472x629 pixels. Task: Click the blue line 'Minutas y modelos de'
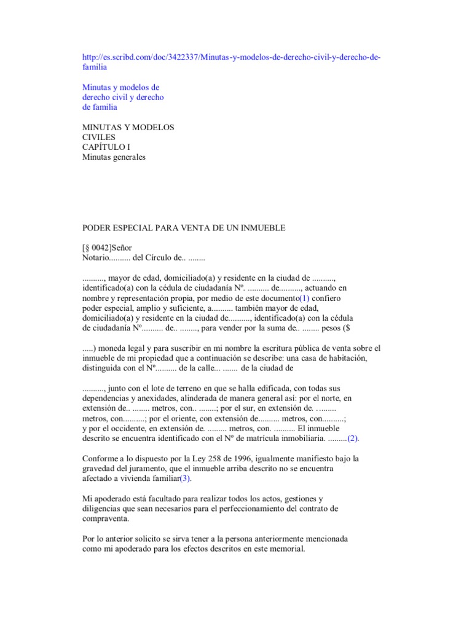(121, 87)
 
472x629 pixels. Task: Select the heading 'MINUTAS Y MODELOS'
(128, 127)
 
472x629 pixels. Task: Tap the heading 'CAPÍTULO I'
(107, 147)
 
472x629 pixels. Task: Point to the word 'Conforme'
(100, 458)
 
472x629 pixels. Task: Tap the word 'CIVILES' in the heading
(99, 137)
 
